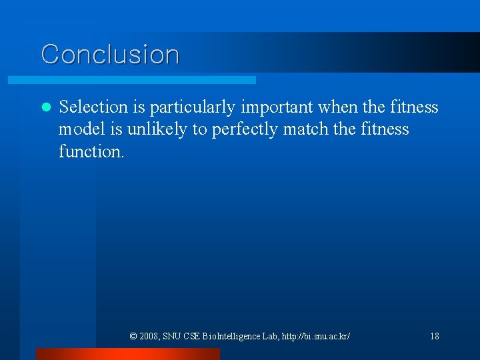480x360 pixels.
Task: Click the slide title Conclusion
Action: pos(110,54)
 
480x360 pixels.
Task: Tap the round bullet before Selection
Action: pos(45,107)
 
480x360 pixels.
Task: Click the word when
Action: pos(341,107)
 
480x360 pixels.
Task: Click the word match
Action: pos(305,129)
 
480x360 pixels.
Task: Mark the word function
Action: pos(91,151)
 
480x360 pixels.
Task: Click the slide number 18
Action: pos(434,336)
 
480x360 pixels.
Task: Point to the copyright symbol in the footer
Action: pos(133,336)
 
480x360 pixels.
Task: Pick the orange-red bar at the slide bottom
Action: pos(127,354)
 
